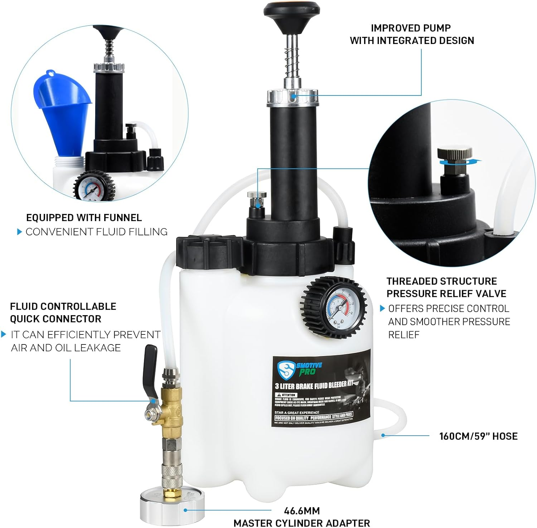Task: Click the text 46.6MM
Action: (302, 510)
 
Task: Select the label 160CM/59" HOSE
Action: (478, 436)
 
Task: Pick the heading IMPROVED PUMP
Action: (411, 28)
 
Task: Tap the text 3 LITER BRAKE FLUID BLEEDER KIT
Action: (314, 385)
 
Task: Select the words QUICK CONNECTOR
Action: (55, 319)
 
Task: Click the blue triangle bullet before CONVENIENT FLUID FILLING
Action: (20, 232)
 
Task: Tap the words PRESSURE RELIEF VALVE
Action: (446, 294)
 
